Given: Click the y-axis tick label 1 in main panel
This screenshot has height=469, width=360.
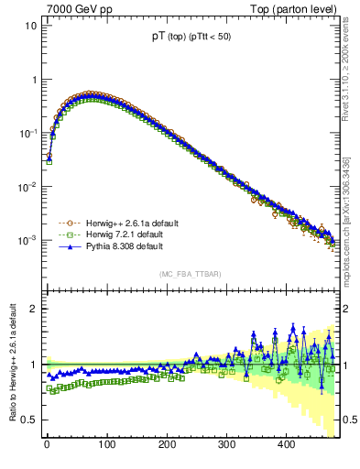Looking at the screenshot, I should [x=33, y=80].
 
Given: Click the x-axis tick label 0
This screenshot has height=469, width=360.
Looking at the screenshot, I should [x=47, y=445].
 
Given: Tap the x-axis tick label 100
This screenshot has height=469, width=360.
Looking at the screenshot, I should [x=106, y=445].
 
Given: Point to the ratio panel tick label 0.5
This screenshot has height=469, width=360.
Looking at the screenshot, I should [x=28, y=420].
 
